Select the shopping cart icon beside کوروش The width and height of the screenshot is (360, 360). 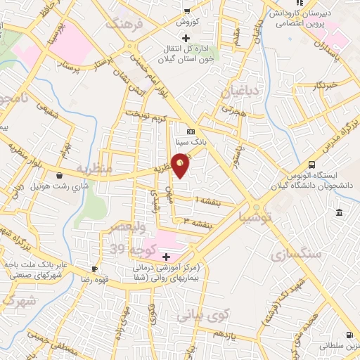click(x=186, y=11)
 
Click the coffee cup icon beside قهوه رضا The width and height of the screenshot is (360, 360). click(x=95, y=269)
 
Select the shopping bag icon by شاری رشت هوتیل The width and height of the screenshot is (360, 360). click(x=58, y=175)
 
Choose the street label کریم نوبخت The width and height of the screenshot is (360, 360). click(x=148, y=117)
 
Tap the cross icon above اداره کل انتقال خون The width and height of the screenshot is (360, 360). click(x=186, y=37)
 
